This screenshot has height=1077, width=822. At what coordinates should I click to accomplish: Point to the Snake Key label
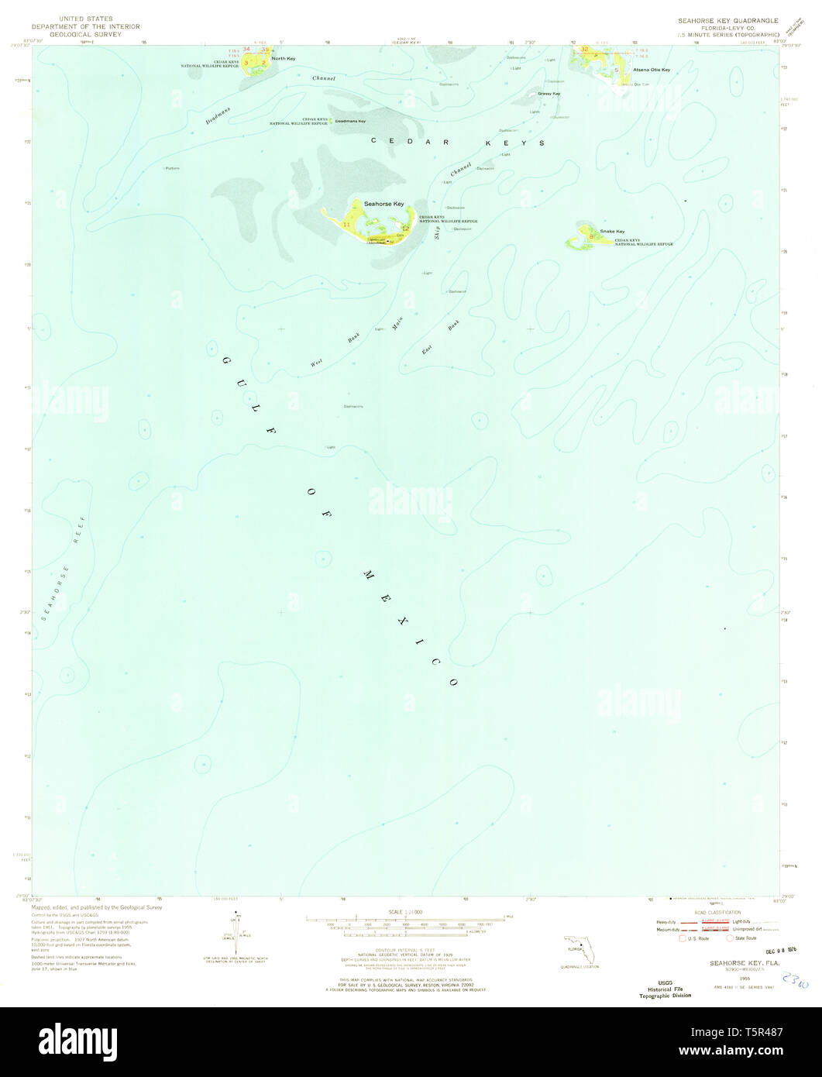[612, 231]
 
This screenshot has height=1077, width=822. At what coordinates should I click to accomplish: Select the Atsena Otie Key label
[651, 70]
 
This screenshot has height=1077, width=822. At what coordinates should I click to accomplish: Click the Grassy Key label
[549, 94]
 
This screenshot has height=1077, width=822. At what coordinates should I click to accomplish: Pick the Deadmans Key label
[351, 121]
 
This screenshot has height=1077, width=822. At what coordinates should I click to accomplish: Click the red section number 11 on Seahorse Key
[347, 225]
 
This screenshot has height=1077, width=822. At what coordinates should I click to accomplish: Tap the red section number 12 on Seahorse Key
[404, 228]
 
